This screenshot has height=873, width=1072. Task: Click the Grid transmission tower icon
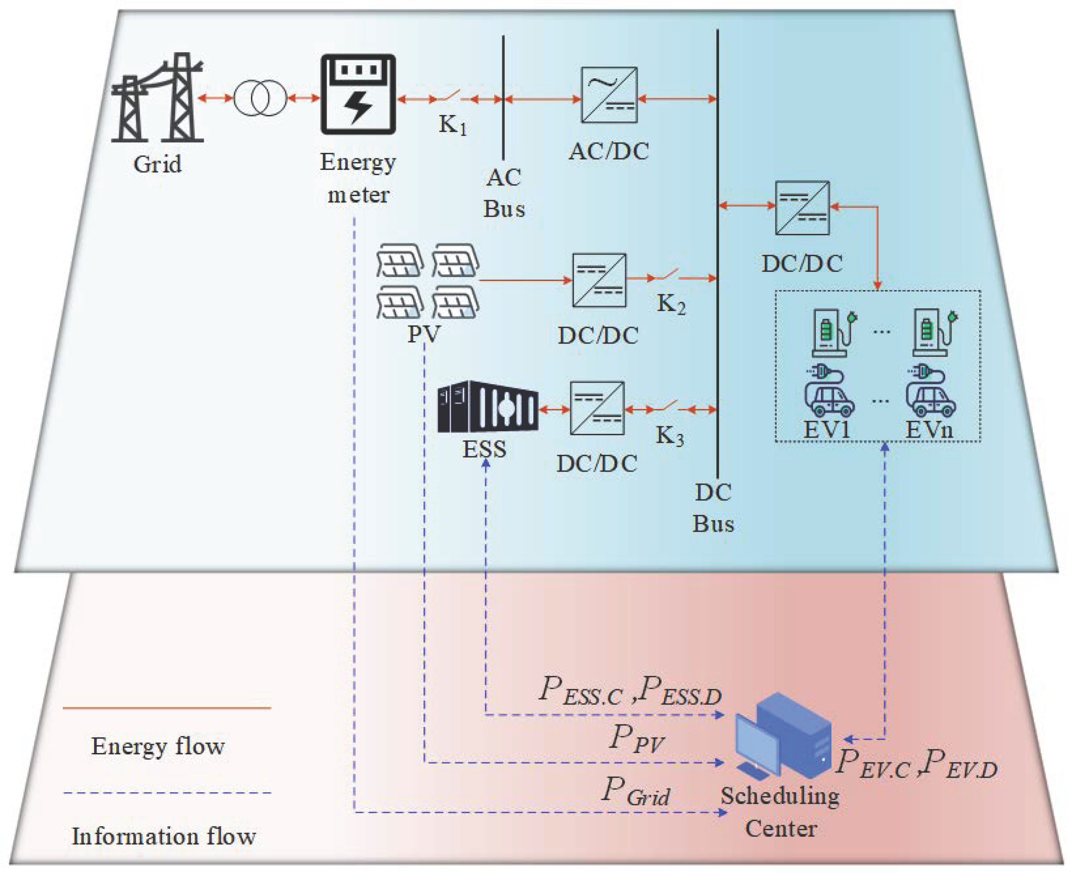tap(157, 98)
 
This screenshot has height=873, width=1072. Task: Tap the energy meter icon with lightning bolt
tap(358, 95)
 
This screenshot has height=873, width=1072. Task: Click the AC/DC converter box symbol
tap(609, 95)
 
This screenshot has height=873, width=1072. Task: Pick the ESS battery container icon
tap(487, 407)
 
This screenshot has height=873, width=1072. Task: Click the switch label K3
tap(669, 435)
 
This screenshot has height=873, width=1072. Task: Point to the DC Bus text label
tap(713, 508)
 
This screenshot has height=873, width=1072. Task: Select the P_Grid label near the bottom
tap(635, 791)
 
